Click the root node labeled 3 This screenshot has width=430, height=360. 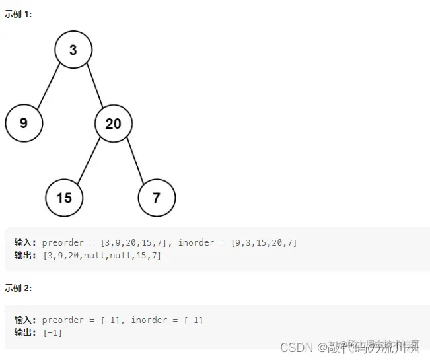(x=73, y=50)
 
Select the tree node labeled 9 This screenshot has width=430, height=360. (x=24, y=123)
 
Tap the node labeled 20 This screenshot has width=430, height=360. (x=113, y=124)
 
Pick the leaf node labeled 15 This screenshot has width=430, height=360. (x=64, y=197)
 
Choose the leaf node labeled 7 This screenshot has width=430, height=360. (x=157, y=197)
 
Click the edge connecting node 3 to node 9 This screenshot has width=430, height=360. (x=49, y=86)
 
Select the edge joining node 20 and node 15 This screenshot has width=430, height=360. (x=89, y=160)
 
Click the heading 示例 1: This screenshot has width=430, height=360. (x=18, y=15)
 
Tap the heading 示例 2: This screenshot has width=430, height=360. (x=18, y=288)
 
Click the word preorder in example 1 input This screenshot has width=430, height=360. (x=63, y=243)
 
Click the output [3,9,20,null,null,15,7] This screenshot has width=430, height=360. (x=102, y=255)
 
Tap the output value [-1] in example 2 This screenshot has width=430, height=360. (x=53, y=332)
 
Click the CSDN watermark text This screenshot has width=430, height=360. (x=295, y=347)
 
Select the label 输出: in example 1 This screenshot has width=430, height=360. (x=26, y=255)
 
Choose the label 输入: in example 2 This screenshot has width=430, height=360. (x=26, y=320)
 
